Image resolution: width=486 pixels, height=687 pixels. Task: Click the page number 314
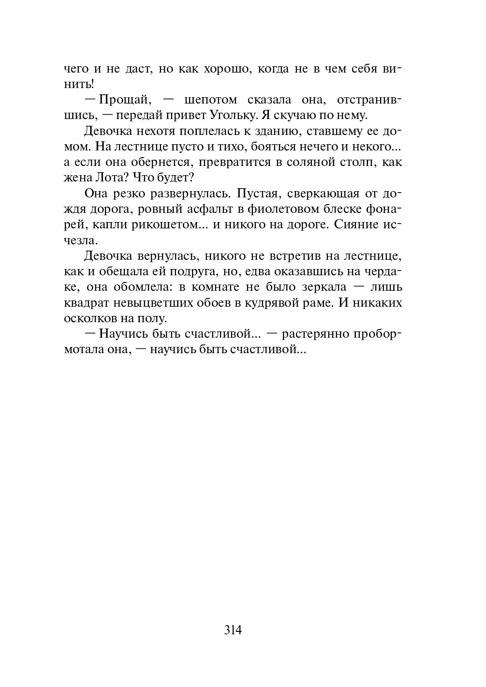(233, 630)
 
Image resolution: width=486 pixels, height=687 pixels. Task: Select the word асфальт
(213, 209)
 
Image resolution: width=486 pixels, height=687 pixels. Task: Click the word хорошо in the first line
(221, 69)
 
